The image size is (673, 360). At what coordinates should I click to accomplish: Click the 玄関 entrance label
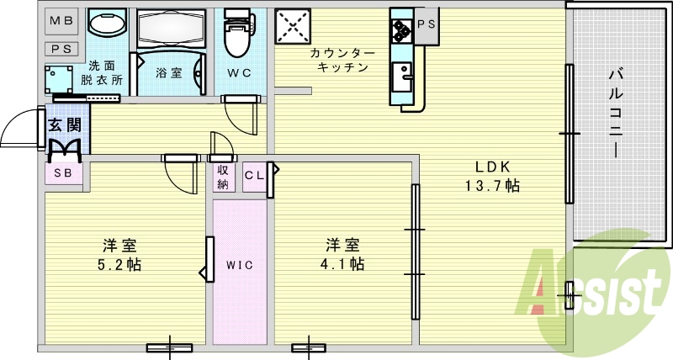[64, 126]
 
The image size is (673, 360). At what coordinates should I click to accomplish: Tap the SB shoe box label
[63, 173]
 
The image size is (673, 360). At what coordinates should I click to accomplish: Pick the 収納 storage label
[222, 176]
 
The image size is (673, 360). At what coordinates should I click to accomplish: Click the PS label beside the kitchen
[427, 24]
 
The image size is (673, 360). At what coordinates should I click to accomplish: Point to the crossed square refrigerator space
[294, 26]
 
